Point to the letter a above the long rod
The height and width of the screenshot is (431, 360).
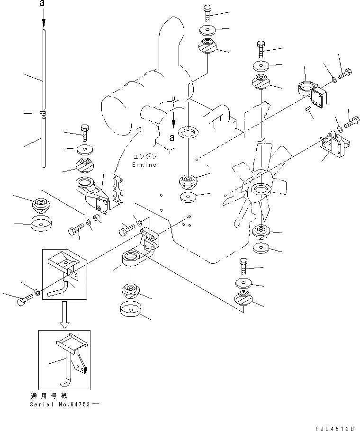click(x=43, y=4)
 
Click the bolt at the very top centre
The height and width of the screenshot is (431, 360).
click(x=208, y=13)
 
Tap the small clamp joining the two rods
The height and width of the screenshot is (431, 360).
click(x=43, y=113)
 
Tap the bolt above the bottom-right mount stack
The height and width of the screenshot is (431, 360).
click(x=243, y=267)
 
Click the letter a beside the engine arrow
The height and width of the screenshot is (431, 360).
click(x=172, y=138)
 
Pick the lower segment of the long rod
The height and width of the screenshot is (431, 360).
click(x=43, y=142)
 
